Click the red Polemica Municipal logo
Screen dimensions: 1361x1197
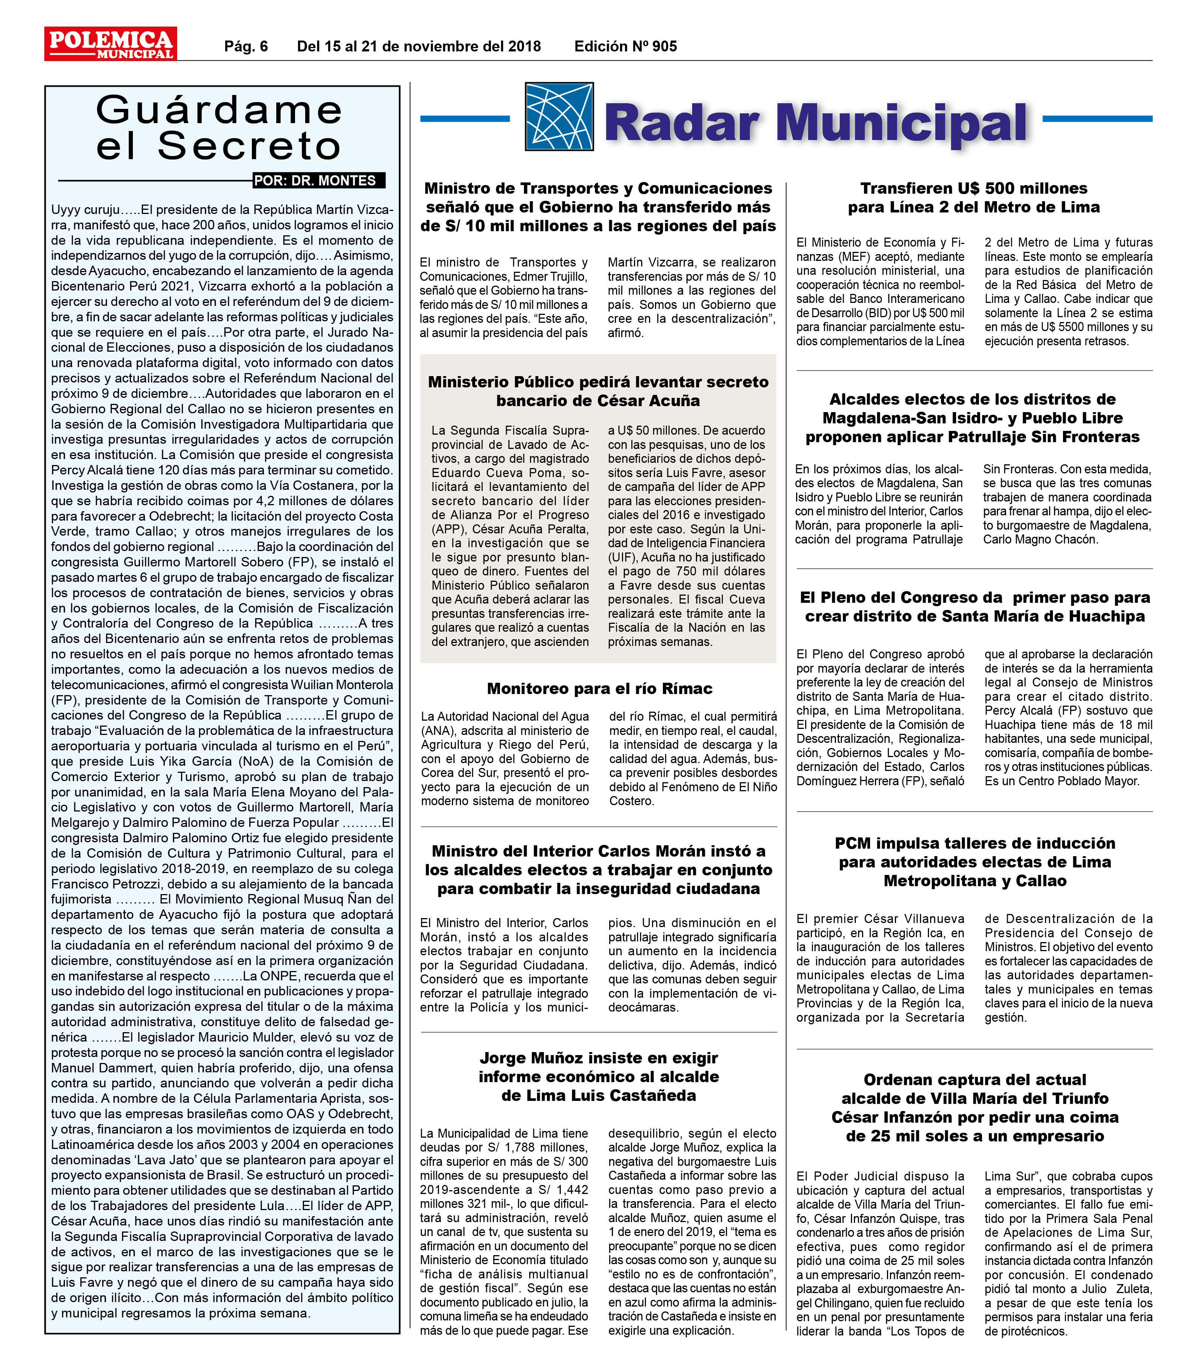point(110,44)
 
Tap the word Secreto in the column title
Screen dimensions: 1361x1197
point(250,146)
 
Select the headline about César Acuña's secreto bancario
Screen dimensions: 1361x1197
point(598,391)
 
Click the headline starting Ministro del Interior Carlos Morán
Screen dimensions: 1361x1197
point(598,870)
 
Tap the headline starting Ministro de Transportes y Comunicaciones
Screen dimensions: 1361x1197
point(598,207)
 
